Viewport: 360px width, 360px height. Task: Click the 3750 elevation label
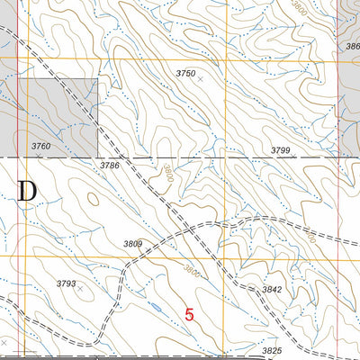click(185, 73)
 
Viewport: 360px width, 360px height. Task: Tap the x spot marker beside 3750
click(200, 79)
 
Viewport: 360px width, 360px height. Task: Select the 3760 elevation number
click(41, 145)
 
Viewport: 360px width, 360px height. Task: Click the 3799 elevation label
click(283, 150)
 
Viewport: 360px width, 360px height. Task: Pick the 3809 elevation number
click(133, 244)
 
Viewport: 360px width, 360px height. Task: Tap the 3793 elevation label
click(66, 283)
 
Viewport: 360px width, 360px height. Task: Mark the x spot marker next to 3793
click(80, 290)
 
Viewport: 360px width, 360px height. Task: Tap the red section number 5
click(189, 314)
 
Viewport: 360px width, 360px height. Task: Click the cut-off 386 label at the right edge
click(352, 44)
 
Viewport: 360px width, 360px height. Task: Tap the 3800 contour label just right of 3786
click(167, 178)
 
